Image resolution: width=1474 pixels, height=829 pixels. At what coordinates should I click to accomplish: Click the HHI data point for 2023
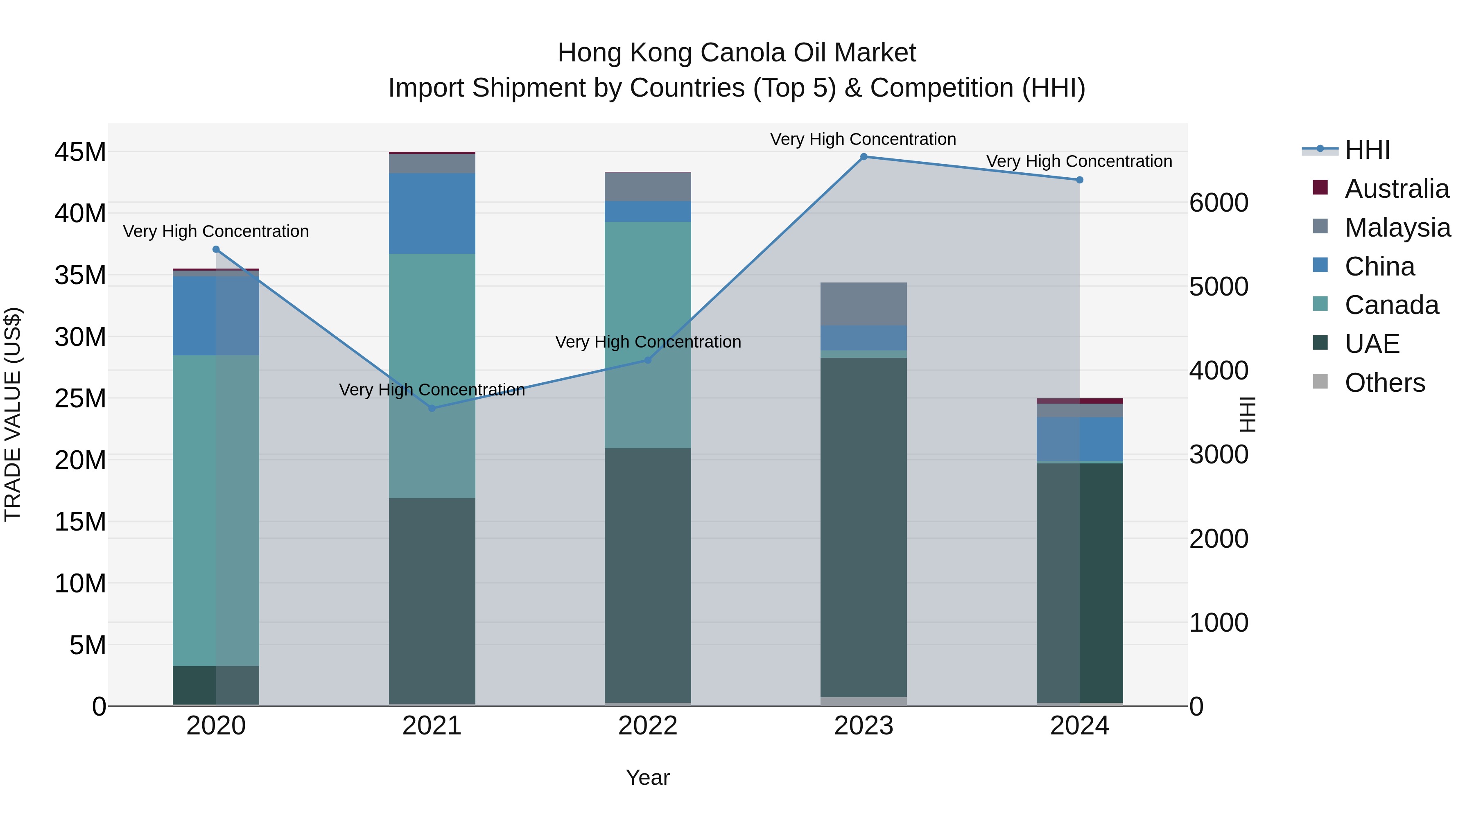864,157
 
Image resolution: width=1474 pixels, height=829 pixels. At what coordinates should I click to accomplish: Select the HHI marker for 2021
432,408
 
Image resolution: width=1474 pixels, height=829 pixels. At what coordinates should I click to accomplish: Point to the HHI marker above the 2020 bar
216,249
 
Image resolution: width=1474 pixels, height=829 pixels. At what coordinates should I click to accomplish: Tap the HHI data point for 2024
1079,180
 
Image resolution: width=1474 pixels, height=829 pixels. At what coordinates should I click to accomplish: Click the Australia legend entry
1396,189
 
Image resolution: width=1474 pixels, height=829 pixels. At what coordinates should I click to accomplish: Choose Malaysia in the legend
1397,228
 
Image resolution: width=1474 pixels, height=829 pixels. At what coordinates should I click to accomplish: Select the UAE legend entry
1372,344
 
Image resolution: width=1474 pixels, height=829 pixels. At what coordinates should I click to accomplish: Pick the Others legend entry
1384,383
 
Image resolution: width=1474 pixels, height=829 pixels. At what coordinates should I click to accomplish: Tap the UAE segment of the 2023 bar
864,526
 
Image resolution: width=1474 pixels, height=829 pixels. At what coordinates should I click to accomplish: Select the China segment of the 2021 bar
432,213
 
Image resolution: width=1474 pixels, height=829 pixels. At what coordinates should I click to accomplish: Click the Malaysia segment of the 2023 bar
864,304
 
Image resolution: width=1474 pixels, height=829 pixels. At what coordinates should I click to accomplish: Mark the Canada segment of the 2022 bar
648,335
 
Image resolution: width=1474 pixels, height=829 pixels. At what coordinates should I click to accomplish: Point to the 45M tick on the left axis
80,152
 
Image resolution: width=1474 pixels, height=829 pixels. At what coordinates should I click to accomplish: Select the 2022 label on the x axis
648,726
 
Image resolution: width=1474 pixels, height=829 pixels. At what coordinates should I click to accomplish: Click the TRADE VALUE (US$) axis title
13,414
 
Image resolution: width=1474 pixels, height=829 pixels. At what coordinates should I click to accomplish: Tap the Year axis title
648,777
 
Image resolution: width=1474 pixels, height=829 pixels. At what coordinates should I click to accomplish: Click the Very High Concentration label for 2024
1079,161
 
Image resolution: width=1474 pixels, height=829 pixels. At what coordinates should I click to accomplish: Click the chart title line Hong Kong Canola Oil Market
737,53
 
